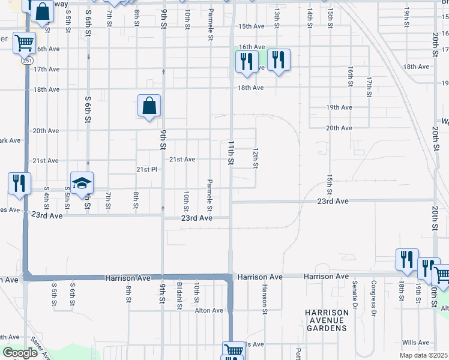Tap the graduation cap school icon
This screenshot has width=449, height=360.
82,183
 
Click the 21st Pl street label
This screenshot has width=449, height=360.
146,170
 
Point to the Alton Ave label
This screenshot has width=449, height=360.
209,310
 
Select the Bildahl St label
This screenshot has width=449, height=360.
179,295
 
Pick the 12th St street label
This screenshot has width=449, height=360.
256,158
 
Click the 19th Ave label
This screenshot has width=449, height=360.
339,107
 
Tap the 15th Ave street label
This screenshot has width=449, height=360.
251,27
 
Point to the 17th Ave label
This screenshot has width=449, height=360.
46,69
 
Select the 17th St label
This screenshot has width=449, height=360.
370,86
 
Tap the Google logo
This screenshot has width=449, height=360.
19,353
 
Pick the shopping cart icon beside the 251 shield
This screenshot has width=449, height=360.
24,43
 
